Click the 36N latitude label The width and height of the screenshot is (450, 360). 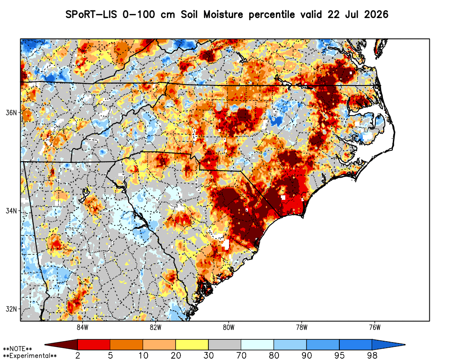pyautogui.click(x=11, y=112)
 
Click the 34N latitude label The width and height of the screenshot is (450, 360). pyautogui.click(x=11, y=211)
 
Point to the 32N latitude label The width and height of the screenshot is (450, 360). pyautogui.click(x=11, y=309)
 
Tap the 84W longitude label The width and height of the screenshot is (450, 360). pyautogui.click(x=82, y=327)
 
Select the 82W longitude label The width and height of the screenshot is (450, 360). pyautogui.click(x=156, y=327)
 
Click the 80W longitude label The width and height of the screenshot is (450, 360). pyautogui.click(x=229, y=327)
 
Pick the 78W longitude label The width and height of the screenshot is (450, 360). pyautogui.click(x=302, y=327)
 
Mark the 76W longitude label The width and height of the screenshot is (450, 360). pyautogui.click(x=375, y=327)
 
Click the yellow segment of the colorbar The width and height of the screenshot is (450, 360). pyautogui.click(x=192, y=345)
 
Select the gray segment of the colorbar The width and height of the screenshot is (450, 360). pyautogui.click(x=225, y=345)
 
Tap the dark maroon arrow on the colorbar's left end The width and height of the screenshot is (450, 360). pyautogui.click(x=61, y=345)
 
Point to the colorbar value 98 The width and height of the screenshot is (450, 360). pyautogui.click(x=372, y=355)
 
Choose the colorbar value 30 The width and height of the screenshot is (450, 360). pyautogui.click(x=209, y=355)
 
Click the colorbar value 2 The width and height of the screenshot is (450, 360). pyautogui.click(x=78, y=355)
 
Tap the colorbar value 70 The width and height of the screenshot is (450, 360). pyautogui.click(x=241, y=355)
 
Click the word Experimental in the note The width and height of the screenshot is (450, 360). pyautogui.click(x=30, y=356)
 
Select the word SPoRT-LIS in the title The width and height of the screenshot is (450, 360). pyautogui.click(x=91, y=14)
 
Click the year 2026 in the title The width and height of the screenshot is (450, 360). pyautogui.click(x=376, y=14)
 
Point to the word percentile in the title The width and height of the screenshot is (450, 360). pyautogui.click(x=271, y=15)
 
